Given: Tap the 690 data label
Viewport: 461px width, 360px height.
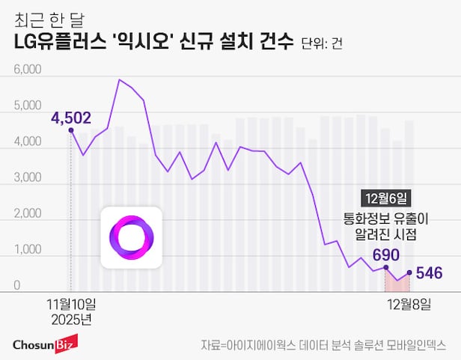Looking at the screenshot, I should pyautogui.click(x=385, y=254).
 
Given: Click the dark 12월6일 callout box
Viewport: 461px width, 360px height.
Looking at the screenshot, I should pyautogui.click(x=385, y=198).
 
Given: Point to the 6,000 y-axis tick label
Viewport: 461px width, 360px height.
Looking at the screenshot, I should pyautogui.click(x=28, y=70).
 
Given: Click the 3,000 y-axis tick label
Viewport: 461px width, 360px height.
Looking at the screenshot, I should pyautogui.click(x=28, y=178).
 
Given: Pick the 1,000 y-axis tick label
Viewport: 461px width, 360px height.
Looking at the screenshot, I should pyautogui.click(x=28, y=251).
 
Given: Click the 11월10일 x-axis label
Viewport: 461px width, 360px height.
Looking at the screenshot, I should pyautogui.click(x=72, y=304).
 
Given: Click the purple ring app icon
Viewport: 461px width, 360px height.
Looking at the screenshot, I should pyautogui.click(x=132, y=237).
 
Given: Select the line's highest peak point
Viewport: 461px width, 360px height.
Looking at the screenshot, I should pyautogui.click(x=119, y=79).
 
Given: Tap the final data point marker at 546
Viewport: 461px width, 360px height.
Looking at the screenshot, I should pyautogui.click(x=409, y=272).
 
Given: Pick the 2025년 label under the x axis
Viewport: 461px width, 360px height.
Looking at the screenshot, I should pyautogui.click(x=72, y=319).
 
